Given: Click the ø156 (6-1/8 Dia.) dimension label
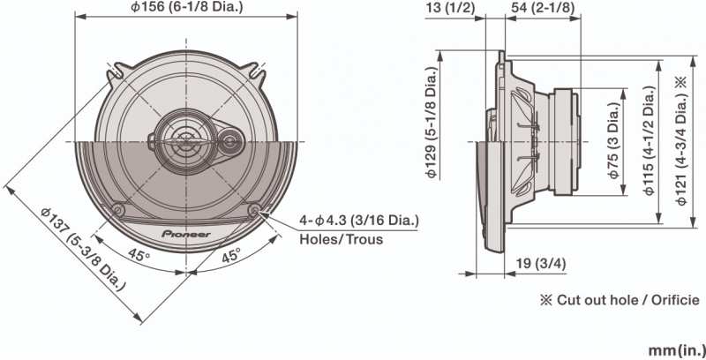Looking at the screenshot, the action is click(x=187, y=8).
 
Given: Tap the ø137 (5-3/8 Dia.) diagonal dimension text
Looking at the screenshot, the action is click(x=82, y=249).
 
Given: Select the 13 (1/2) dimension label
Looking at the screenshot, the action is click(x=450, y=8).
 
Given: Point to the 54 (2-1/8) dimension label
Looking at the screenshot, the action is click(x=543, y=8).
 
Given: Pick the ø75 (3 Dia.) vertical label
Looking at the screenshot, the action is click(x=614, y=140).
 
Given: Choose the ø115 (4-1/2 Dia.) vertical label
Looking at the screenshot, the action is click(x=650, y=140).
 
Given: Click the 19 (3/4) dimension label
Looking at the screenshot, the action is click(x=541, y=264).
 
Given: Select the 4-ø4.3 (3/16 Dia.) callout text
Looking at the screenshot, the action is click(x=359, y=221).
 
